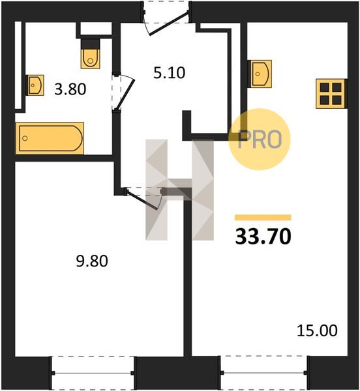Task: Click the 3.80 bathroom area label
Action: tap(70, 89)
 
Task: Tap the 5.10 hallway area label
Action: tap(169, 73)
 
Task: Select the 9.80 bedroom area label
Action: tap(92, 261)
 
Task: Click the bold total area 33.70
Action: tap(263, 237)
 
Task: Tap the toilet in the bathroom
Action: tap(90, 53)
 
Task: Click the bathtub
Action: tap(50, 138)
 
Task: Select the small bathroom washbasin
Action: tap(35, 85)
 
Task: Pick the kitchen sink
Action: tap(260, 74)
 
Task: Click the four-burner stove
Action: tap(331, 94)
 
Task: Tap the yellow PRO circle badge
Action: tap(260, 139)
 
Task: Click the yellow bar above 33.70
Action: tap(263, 218)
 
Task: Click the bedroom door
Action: tap(144, 198)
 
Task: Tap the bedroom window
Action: tap(93, 373)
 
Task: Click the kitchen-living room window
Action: tap(264, 373)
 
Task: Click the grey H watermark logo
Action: tap(179, 190)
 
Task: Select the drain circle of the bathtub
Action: tap(25, 138)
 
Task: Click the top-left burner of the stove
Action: tap(325, 87)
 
